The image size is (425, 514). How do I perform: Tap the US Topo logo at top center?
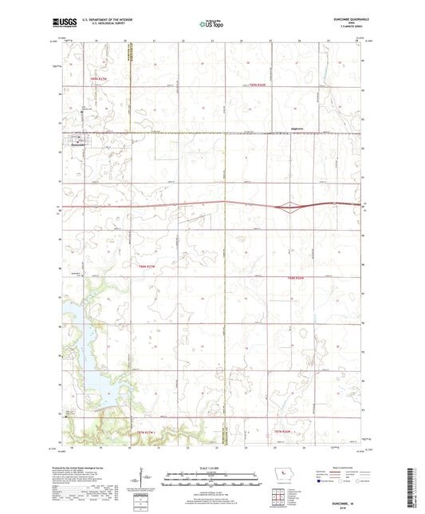[211, 25]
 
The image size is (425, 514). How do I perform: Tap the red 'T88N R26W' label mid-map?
[297, 278]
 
